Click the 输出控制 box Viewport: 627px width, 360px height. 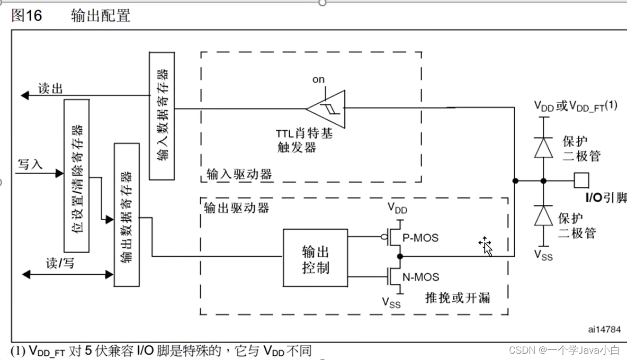[315, 259]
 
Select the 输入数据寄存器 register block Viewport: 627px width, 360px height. [162, 115]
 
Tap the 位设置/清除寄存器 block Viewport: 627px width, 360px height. [76, 175]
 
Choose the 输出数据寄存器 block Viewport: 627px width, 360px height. [127, 214]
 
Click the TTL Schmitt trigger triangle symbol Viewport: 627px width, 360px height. [327, 109]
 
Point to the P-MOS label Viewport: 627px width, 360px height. [420, 238]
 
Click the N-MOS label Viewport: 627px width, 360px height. [421, 276]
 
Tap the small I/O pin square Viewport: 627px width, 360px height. [581, 181]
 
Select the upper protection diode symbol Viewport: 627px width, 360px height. [543, 147]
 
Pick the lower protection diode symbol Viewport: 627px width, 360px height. [543, 216]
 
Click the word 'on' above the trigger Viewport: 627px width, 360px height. [318, 79]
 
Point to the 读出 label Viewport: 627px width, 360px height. [51, 88]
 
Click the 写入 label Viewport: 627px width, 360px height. [30, 164]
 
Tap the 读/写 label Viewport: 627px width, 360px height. [60, 264]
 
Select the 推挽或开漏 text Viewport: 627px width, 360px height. [458, 298]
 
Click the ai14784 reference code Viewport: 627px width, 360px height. [604, 329]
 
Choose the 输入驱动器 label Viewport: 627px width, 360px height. [239, 174]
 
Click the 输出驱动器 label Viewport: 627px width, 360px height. [236, 208]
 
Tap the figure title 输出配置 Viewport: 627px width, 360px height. [101, 16]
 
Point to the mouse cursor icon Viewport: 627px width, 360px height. [486, 246]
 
